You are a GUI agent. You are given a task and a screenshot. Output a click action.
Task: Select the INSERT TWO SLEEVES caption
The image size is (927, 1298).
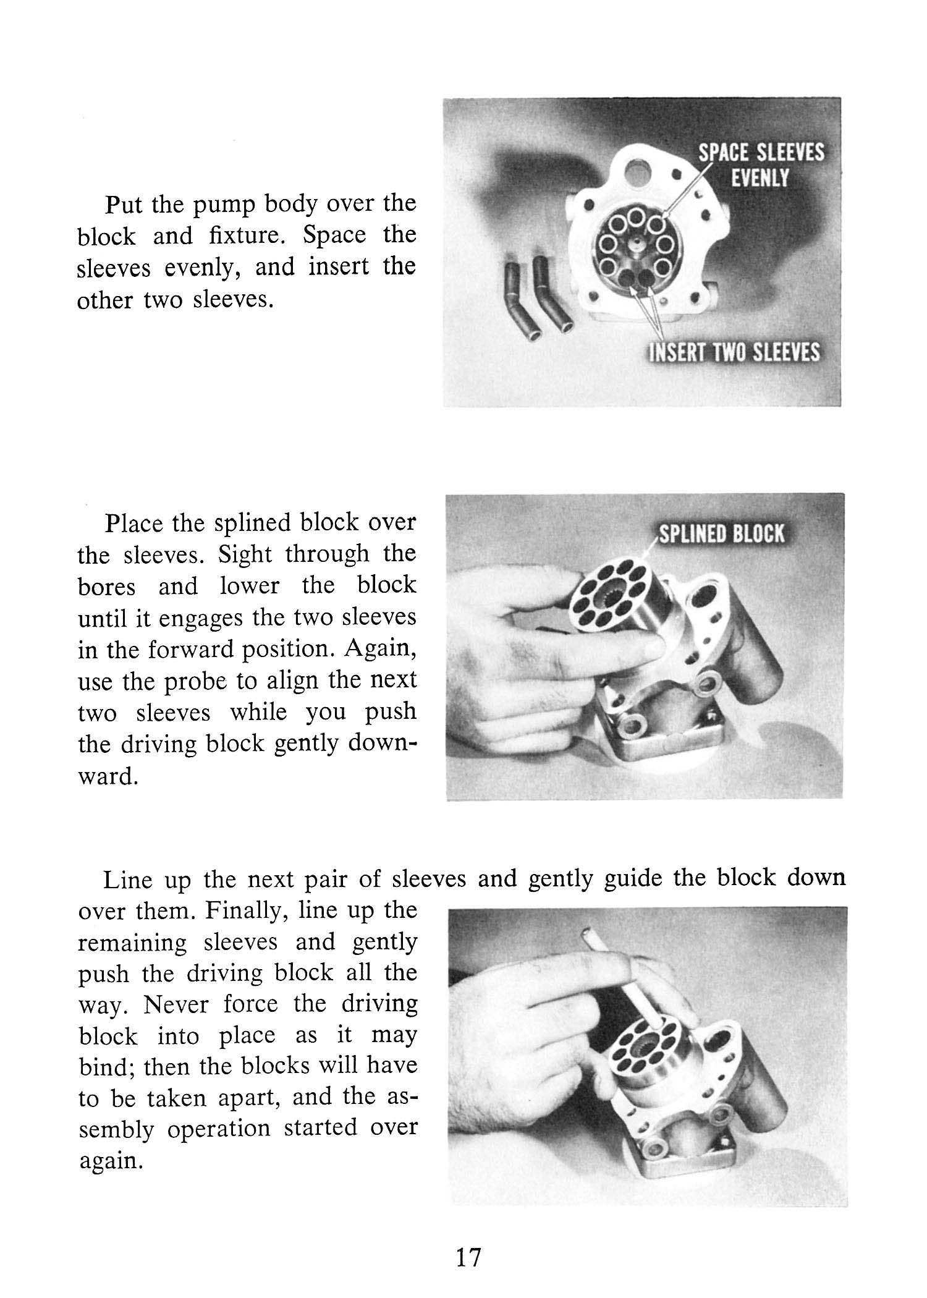coord(734,352)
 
